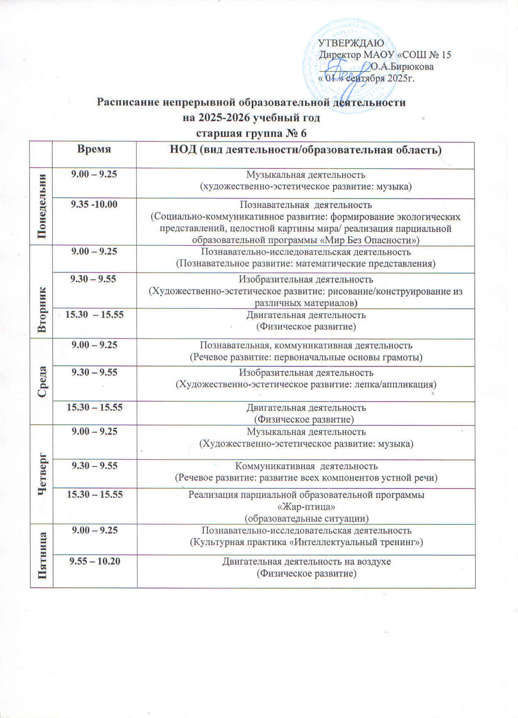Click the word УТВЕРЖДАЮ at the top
(x=351, y=44)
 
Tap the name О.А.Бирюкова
(x=402, y=67)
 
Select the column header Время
(x=94, y=149)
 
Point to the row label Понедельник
(x=42, y=207)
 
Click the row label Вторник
(x=42, y=309)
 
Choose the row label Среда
(x=42, y=381)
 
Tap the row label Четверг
(x=42, y=474)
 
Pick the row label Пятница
(x=42, y=555)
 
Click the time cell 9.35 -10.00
(x=94, y=204)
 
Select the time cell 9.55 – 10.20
(x=95, y=561)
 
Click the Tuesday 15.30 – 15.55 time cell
(x=94, y=314)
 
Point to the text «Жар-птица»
(x=306, y=506)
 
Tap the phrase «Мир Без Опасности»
(x=369, y=240)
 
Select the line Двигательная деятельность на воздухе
(x=306, y=561)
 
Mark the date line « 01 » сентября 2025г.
(x=366, y=79)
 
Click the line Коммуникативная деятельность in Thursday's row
(x=306, y=466)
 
